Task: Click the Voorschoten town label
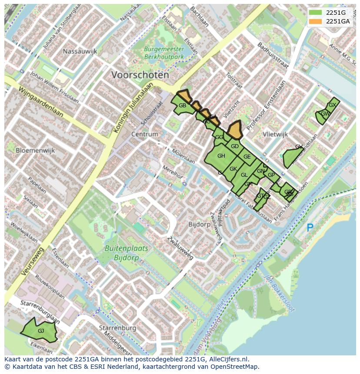tap(140, 75)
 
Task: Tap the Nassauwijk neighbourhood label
tap(80, 51)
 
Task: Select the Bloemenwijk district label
tap(35, 150)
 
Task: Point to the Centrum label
tap(144, 134)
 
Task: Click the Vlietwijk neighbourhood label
tap(276, 135)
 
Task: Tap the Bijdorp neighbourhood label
tap(200, 225)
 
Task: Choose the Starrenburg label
tap(117, 328)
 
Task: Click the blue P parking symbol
tap(310, 227)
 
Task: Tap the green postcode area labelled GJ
tap(40, 331)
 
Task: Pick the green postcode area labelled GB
tap(183, 106)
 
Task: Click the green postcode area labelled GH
tap(221, 156)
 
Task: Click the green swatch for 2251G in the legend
tap(316, 13)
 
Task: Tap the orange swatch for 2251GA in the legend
tap(316, 21)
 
